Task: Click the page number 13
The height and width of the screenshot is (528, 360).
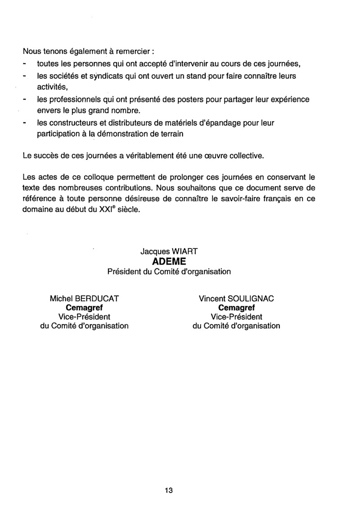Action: pyautogui.click(x=169, y=490)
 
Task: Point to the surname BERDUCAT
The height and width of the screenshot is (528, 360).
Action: pyautogui.click(x=97, y=298)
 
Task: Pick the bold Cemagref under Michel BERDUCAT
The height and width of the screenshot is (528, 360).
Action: pyautogui.click(x=84, y=308)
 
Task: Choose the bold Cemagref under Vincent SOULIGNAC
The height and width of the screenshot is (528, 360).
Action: pyautogui.click(x=236, y=308)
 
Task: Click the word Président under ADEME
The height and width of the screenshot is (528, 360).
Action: pyautogui.click(x=124, y=272)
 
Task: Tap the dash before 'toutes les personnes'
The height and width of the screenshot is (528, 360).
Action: pyautogui.click(x=25, y=63)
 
